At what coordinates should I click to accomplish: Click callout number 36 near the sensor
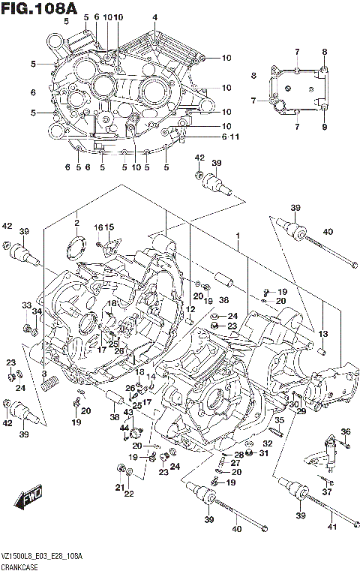pos(346,431)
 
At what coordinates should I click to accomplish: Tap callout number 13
pos(324,333)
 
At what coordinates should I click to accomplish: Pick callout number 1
pos(237,236)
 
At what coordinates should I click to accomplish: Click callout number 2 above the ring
pos(76,223)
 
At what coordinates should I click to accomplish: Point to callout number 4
pos(154,17)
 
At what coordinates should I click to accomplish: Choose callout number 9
pos(325,127)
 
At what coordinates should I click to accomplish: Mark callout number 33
pos(26,305)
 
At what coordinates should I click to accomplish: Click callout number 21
pos(118,487)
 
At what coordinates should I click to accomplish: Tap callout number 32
pos(267,443)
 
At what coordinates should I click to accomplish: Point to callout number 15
pos(109,227)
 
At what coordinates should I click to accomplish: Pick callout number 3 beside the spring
pos(43,374)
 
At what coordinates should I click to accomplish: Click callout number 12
pos(191,309)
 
